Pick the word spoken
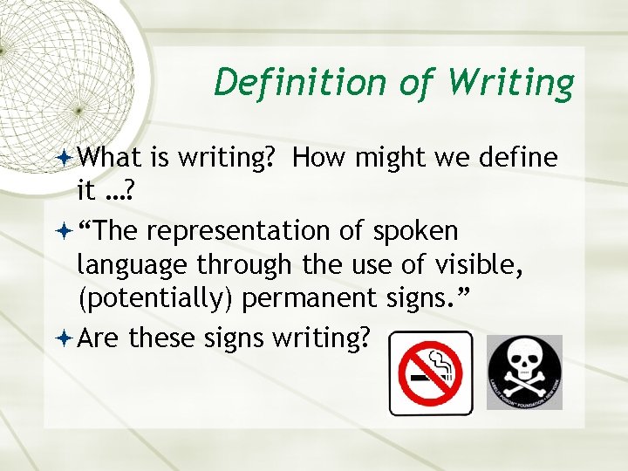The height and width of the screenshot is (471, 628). tap(415, 232)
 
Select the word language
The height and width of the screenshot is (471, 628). tap(133, 265)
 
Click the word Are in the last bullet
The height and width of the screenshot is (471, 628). tap(99, 336)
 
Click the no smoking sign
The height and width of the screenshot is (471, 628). tap(430, 372)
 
